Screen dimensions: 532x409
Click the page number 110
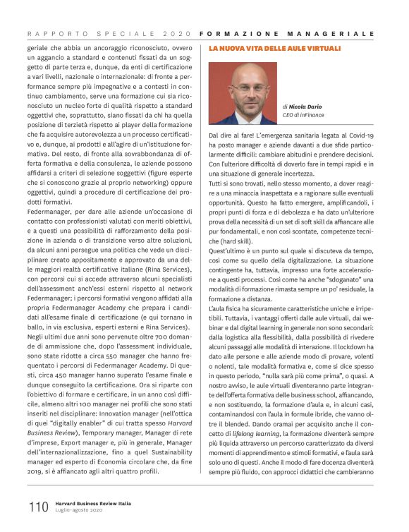tap(37, 507)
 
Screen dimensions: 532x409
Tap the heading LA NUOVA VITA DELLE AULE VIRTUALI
tap(275, 48)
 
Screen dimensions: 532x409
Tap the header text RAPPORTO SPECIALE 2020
tap(110, 33)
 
